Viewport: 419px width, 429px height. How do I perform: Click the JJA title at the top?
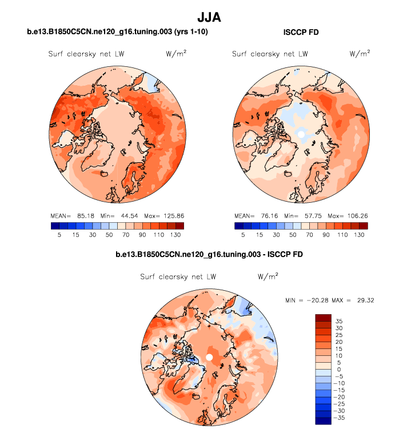(209, 17)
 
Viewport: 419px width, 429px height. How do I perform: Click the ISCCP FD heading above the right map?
(301, 33)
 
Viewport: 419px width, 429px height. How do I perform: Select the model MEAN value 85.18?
(85, 216)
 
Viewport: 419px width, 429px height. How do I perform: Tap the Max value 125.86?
(171, 216)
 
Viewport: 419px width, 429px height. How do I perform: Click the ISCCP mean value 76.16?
(269, 216)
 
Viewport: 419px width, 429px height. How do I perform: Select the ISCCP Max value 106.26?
(355, 216)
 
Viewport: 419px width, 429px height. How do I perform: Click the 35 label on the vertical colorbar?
(338, 321)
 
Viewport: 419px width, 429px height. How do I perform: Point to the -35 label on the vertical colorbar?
(340, 418)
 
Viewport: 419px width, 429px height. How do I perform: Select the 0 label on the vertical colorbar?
(338, 370)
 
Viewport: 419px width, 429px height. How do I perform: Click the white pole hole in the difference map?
(209, 357)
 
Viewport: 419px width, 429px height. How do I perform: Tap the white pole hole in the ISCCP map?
(301, 134)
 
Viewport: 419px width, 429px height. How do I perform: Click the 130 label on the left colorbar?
(175, 235)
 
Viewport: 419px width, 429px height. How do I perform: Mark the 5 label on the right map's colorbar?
(244, 235)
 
